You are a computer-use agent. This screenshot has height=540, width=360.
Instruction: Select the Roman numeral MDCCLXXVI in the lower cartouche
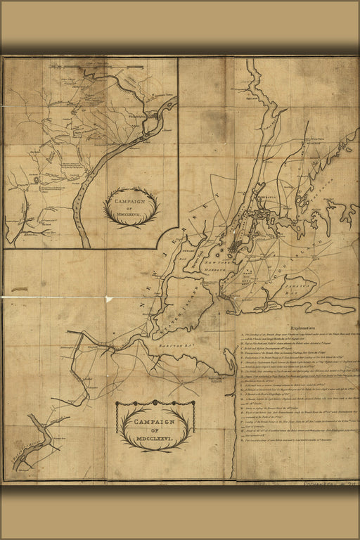pos(154,432)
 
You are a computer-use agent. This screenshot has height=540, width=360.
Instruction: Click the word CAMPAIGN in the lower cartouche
pos(155,422)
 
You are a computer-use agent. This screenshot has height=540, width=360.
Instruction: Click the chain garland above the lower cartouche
pos(155,403)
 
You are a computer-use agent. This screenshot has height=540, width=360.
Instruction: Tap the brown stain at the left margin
pos(20,288)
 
